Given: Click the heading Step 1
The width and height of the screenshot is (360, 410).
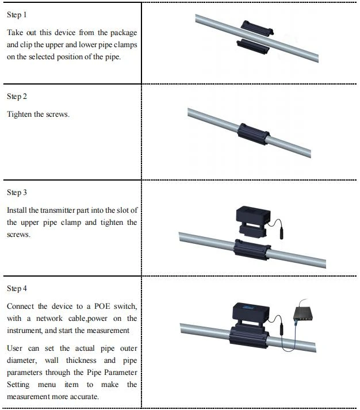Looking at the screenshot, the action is coord(17,14).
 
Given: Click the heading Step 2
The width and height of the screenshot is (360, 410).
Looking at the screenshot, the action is coord(17,97).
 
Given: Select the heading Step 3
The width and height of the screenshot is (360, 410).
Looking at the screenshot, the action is coord(17,193).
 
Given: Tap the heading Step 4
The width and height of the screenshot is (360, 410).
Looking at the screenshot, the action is coord(17,289).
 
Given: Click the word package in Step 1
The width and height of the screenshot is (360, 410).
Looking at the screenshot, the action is coord(124,33).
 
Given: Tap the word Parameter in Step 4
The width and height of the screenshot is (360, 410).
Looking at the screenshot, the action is coord(121,373).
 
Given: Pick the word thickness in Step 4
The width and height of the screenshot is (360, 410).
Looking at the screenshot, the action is coord(81,361).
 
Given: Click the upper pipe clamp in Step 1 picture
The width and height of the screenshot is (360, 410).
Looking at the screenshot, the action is coord(257,28).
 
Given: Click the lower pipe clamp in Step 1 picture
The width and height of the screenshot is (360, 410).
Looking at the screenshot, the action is coord(253,46).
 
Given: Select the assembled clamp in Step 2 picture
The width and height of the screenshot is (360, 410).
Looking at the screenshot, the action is coord(254,134).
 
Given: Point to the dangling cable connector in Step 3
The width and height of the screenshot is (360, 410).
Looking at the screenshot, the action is coord(281,234).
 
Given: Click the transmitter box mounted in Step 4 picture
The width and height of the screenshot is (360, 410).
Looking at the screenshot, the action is coord(251,315).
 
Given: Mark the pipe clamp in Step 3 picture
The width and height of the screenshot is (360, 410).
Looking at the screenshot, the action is coord(252,250).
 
